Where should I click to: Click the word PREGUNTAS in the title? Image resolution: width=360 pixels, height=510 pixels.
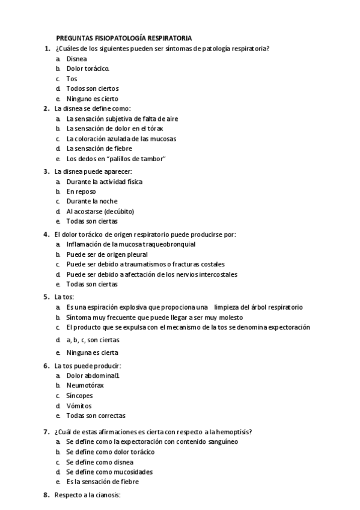[x=73, y=37]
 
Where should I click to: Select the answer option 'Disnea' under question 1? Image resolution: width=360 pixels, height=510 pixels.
[x=76, y=59]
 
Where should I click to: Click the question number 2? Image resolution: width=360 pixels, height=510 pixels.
[x=46, y=109]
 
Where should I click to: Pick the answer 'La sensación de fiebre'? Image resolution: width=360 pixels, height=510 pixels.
[x=99, y=149]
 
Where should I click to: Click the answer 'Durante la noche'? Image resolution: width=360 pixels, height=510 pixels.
[x=92, y=201]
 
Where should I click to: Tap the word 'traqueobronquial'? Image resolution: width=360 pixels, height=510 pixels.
[x=168, y=244]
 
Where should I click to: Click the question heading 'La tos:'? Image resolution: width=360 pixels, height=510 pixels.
[x=64, y=296]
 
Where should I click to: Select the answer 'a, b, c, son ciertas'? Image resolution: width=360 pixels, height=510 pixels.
[x=93, y=340]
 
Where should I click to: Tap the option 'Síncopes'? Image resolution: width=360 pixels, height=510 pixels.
[x=79, y=396]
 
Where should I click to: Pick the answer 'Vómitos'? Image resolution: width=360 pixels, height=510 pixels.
[x=79, y=406]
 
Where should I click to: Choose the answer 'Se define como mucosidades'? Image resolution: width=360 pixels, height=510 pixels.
[x=109, y=472]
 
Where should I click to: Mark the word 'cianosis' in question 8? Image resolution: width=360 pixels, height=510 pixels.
[x=108, y=495]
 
